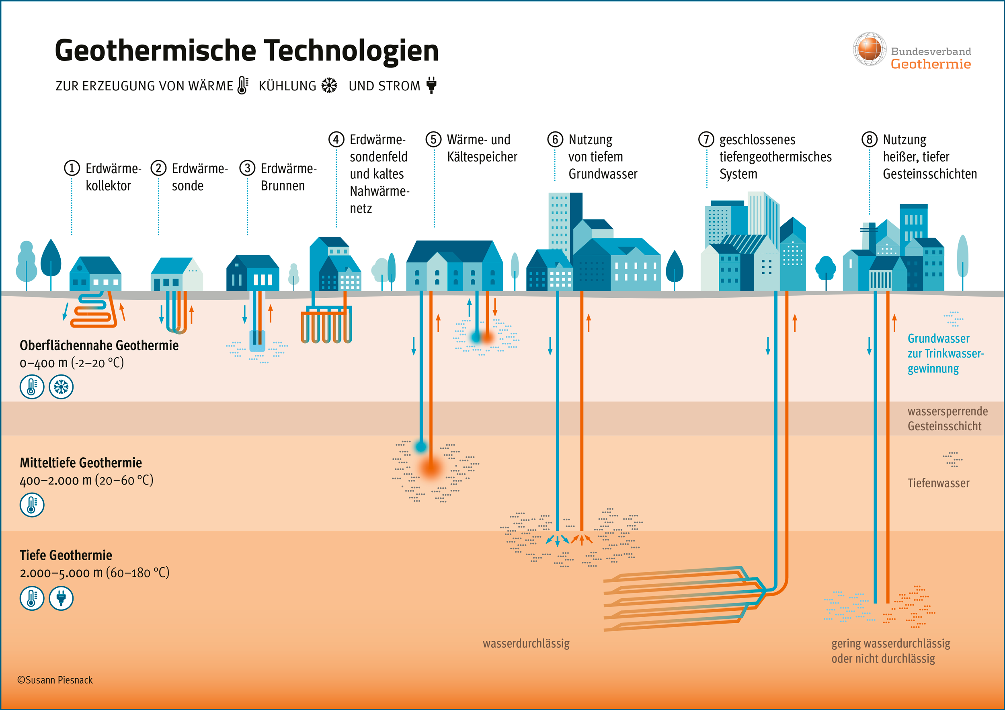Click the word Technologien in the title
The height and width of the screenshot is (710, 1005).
tap(356, 51)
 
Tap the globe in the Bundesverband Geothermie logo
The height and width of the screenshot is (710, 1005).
tap(869, 49)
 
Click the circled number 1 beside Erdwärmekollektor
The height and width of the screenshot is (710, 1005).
tap(72, 168)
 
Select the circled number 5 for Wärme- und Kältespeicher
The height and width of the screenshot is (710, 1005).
tap(433, 139)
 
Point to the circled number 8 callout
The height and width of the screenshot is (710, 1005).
tap(869, 139)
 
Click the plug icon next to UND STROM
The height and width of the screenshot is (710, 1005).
tap(431, 85)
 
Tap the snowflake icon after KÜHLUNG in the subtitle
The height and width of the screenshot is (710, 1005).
tap(329, 85)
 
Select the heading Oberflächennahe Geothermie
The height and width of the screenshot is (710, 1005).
tap(99, 346)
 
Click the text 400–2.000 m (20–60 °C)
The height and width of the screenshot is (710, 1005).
tap(86, 480)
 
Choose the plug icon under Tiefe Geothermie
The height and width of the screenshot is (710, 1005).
tap(61, 598)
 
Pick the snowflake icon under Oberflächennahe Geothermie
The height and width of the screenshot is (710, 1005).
tap(61, 387)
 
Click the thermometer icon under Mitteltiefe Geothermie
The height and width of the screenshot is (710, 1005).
tap(32, 505)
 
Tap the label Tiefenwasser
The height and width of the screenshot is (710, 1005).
tap(938, 483)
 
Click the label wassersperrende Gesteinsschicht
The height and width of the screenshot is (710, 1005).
tap(947, 419)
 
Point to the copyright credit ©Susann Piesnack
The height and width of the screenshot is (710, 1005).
tap(55, 680)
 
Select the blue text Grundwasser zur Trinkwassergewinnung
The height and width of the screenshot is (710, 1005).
tap(945, 354)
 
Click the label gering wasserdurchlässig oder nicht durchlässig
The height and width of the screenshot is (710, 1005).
tap(890, 651)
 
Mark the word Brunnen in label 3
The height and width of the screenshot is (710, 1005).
tap(282, 186)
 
